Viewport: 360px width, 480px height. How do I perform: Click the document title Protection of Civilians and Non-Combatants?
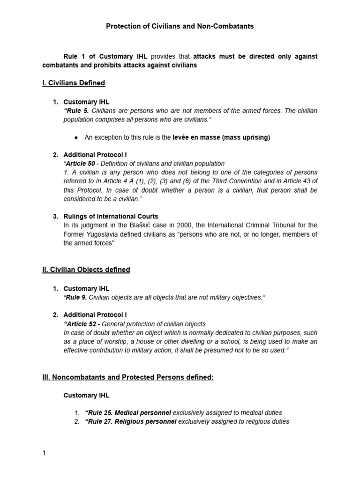click(x=180, y=26)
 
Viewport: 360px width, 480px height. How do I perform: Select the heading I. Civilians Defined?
click(x=74, y=83)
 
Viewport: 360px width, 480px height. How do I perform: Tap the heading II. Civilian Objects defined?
click(x=86, y=270)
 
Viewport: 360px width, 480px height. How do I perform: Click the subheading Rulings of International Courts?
click(x=111, y=217)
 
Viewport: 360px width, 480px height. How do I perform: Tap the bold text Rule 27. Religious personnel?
click(x=130, y=421)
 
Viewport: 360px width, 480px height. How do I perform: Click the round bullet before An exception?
click(x=76, y=138)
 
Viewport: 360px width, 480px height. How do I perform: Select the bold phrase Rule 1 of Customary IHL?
click(x=105, y=56)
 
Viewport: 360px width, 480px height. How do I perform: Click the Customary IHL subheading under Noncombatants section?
click(x=86, y=395)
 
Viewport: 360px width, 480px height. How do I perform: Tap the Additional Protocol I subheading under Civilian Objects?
click(x=95, y=315)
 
